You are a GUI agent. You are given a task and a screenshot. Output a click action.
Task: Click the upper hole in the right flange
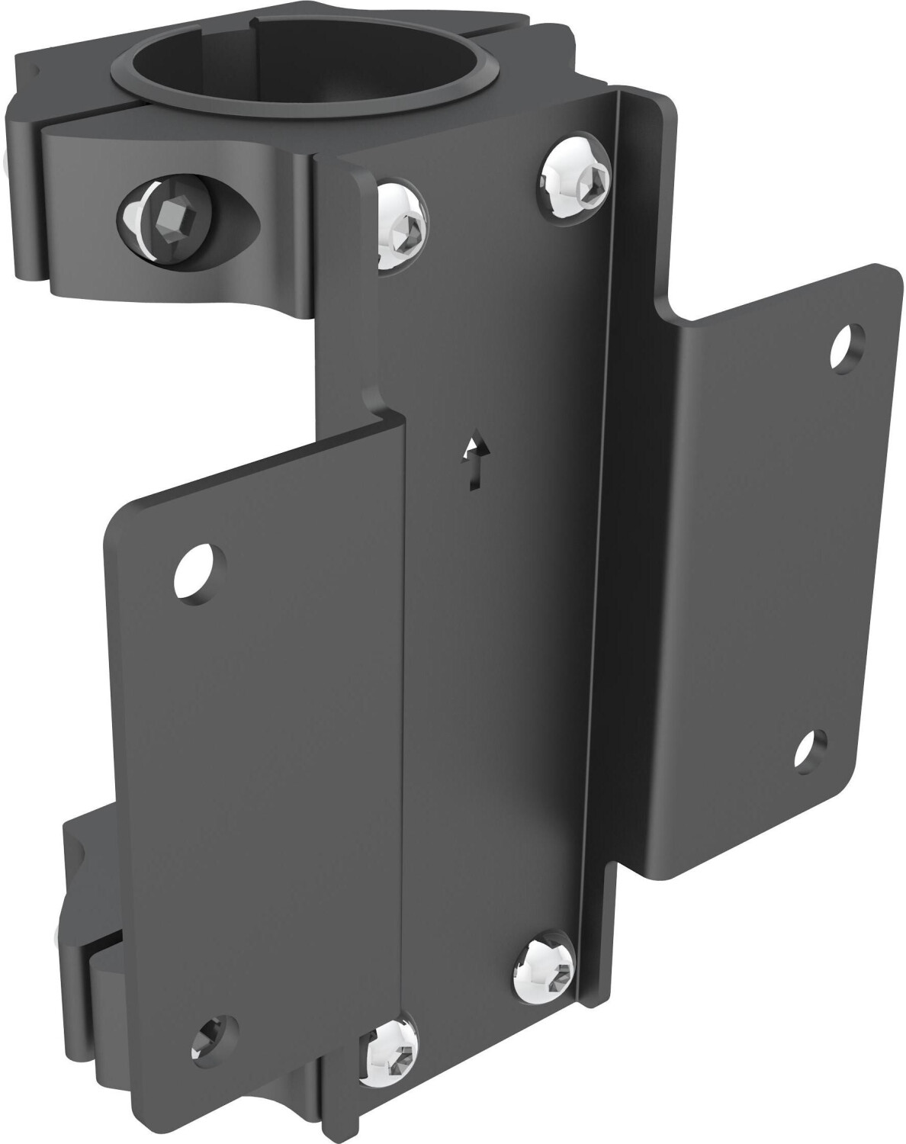click(x=848, y=342)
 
